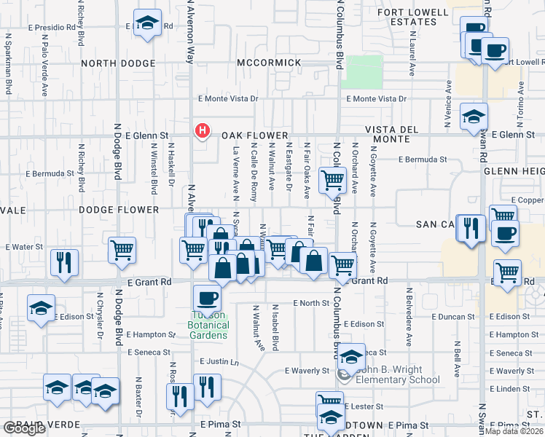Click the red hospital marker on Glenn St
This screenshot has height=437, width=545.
tap(203, 132)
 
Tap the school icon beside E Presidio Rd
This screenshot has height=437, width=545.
tap(148, 23)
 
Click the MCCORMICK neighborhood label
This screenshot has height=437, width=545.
tap(269, 63)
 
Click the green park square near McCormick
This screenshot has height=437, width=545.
tap(363, 72)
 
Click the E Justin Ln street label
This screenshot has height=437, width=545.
tap(219, 361)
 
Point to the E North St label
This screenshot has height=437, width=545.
tap(311, 303)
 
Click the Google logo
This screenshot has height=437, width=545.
tap(24, 428)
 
